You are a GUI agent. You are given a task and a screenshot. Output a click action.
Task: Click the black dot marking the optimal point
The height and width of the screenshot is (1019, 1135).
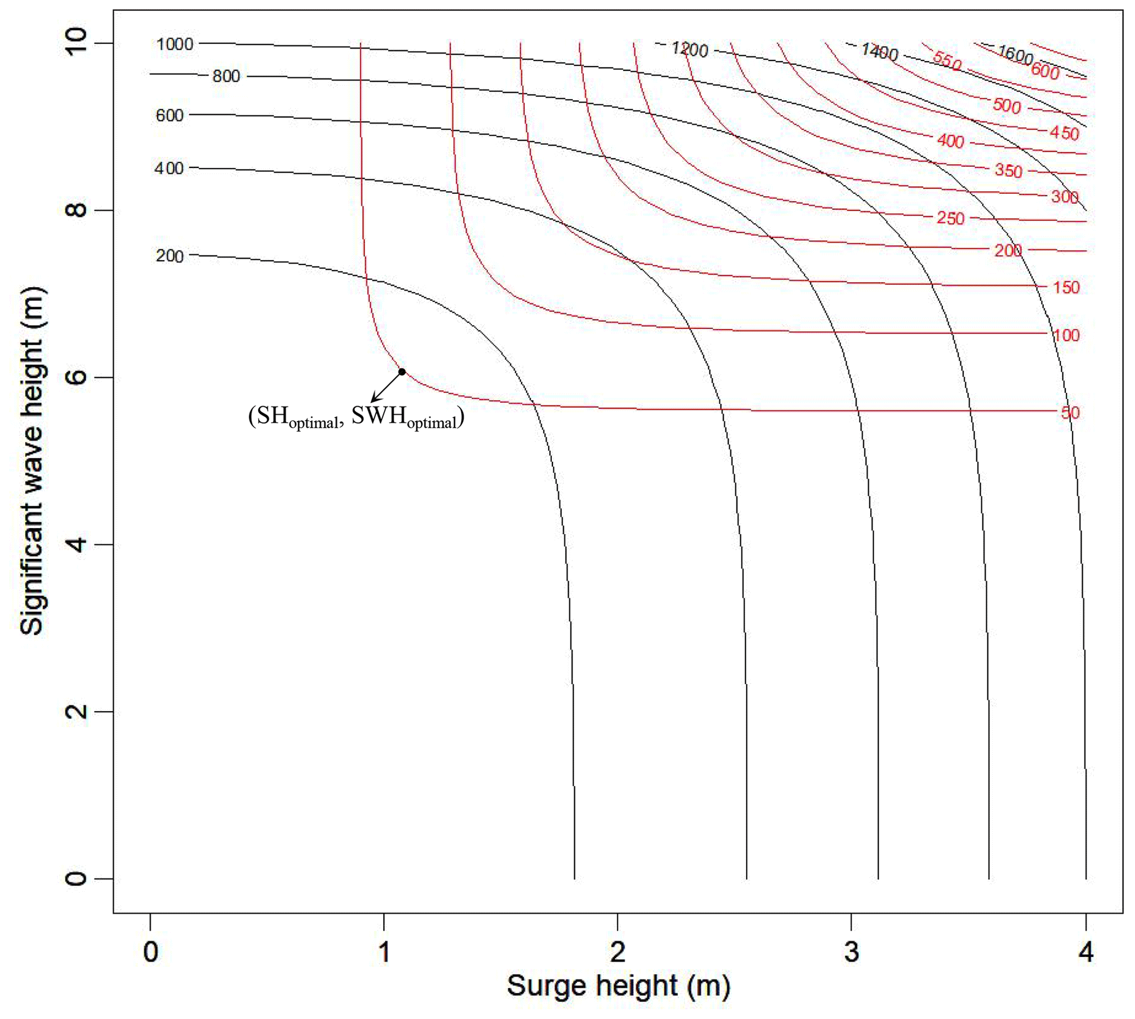pyautogui.click(x=402, y=372)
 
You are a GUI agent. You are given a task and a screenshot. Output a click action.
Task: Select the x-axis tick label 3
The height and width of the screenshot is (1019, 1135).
pyautogui.click(x=851, y=952)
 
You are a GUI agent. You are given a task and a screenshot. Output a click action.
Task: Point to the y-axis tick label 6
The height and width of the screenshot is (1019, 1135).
pyautogui.click(x=76, y=377)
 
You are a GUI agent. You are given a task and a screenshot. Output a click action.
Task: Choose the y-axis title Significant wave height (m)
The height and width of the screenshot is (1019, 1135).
pyautogui.click(x=32, y=461)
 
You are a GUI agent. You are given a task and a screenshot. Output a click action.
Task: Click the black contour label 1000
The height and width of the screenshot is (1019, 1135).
pyautogui.click(x=175, y=44)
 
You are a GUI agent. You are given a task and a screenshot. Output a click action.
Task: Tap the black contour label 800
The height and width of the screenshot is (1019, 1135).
pyautogui.click(x=226, y=76)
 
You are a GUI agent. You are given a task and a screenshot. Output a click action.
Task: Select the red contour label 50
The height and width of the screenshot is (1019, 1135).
pyautogui.click(x=1070, y=413)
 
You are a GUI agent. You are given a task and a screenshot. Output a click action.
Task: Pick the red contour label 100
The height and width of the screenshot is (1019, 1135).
pyautogui.click(x=1066, y=335)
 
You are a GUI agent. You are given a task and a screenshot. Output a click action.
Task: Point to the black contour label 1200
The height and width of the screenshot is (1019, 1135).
pyautogui.click(x=690, y=50)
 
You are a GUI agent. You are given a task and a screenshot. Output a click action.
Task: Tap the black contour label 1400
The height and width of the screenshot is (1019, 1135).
pyautogui.click(x=880, y=52)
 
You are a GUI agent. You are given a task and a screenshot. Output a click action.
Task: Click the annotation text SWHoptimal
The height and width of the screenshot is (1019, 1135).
pyautogui.click(x=407, y=418)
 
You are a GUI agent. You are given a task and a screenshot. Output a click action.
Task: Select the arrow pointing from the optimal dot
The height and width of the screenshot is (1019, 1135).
pyautogui.click(x=387, y=387)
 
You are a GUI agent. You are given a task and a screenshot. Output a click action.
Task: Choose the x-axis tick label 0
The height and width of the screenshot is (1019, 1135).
pyautogui.click(x=150, y=952)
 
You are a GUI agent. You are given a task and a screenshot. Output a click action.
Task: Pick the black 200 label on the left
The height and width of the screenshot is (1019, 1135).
pyautogui.click(x=170, y=256)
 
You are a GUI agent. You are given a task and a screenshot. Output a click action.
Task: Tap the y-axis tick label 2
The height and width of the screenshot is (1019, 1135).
pyautogui.click(x=76, y=711)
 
